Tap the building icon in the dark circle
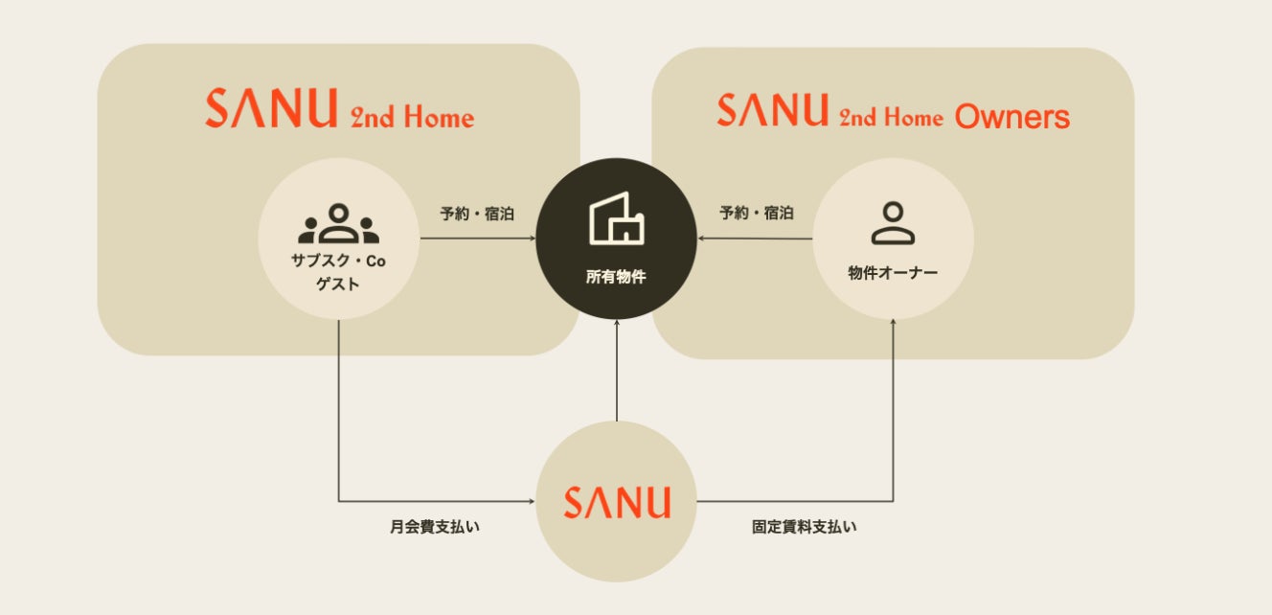point(616,219)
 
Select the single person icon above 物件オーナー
point(893,222)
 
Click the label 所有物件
point(616,278)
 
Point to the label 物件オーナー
point(893,273)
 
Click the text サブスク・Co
point(339,262)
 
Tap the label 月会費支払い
point(435,527)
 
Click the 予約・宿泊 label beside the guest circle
point(477,214)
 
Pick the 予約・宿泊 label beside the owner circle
point(756,213)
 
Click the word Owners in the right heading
point(1012,118)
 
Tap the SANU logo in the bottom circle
point(616,502)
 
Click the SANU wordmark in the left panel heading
point(271,109)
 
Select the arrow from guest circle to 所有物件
point(477,239)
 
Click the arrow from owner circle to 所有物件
point(756,239)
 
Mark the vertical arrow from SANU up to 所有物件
point(616,374)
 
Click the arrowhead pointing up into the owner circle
point(893,325)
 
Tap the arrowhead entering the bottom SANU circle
point(530,501)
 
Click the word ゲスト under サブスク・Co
point(339,284)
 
